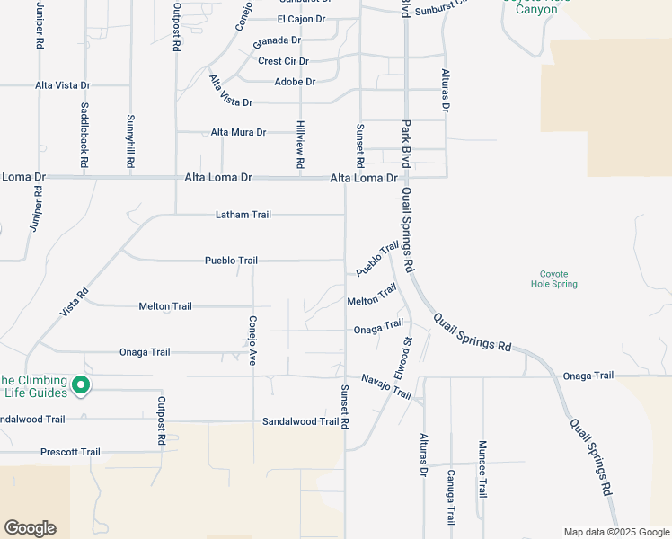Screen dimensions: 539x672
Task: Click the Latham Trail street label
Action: click(243, 215)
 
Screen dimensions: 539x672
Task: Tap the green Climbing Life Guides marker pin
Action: click(80, 385)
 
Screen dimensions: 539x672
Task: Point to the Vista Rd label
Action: click(75, 301)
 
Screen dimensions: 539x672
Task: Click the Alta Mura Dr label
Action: click(238, 132)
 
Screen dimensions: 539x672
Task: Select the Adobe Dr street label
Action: click(296, 82)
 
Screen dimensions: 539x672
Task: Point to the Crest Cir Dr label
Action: click(283, 61)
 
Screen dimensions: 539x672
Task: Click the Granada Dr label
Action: click(276, 41)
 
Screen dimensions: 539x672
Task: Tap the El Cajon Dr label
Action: click(301, 19)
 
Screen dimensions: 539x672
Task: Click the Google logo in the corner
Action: click(30, 528)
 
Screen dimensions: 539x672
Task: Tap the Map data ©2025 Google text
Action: click(615, 532)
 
